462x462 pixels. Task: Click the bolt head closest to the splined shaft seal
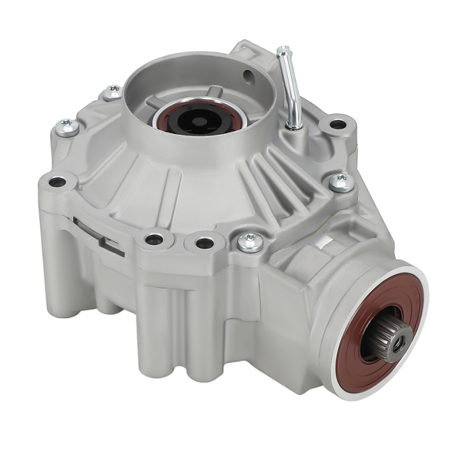click(x=250, y=242)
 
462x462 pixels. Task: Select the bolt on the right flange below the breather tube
click(x=340, y=182)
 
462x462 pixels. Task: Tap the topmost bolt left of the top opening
click(x=113, y=92)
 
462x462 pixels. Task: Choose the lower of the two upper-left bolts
click(x=68, y=127)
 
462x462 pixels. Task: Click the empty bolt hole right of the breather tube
click(x=337, y=124)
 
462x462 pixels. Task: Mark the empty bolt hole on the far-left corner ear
click(x=58, y=182)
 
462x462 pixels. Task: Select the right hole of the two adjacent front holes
click(x=204, y=243)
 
